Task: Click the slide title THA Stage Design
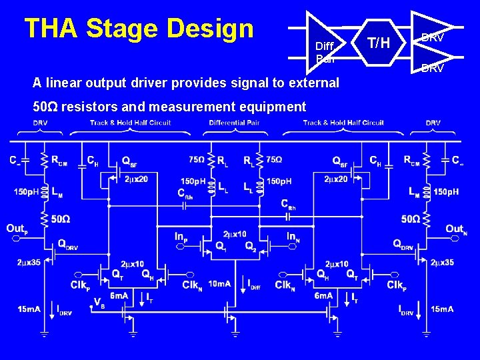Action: coord(139,29)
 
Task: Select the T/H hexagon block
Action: coord(379,43)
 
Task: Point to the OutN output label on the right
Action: coord(456,229)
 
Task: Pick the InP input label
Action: coord(181,236)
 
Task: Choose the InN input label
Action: coord(292,236)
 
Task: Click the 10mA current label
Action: coord(219,285)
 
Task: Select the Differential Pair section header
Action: coord(235,123)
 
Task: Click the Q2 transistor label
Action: coord(250,246)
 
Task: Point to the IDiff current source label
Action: coord(253,285)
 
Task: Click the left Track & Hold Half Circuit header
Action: coord(130,123)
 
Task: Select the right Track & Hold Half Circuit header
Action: coord(343,123)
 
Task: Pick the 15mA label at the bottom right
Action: coord(442,309)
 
